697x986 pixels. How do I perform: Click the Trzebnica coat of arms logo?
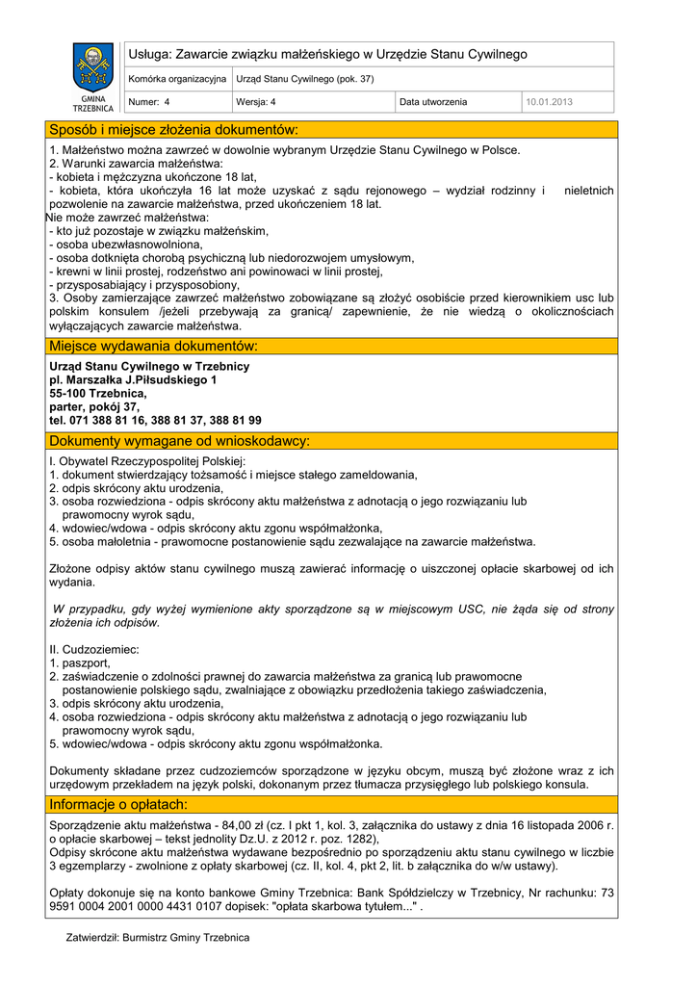pos(93,68)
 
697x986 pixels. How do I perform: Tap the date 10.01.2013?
pos(548,102)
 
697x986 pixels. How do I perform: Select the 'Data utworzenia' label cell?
pos(433,102)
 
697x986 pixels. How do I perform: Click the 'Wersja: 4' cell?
pos(256,102)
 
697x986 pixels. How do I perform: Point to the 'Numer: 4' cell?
pos(149,102)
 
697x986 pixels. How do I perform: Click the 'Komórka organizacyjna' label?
pos(177,79)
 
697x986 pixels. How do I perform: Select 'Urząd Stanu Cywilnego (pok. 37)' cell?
pos(305,79)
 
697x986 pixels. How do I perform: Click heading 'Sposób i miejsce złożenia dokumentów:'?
pos(174,130)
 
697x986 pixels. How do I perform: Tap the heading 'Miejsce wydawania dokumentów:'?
pos(154,346)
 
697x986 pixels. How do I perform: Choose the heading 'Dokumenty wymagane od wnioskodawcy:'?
pos(179,441)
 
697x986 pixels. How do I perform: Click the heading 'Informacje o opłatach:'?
pos(118,804)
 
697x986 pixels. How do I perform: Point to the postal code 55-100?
pos(70,394)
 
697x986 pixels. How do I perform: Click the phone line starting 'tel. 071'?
pos(155,421)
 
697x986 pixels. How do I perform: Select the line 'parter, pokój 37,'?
pos(94,407)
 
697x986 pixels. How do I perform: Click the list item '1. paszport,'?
pos(80,663)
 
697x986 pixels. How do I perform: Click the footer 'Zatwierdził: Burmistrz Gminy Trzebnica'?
pos(158,938)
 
